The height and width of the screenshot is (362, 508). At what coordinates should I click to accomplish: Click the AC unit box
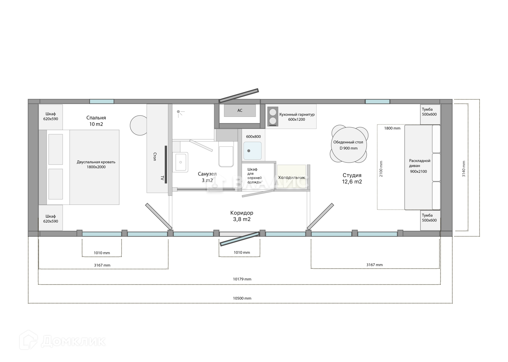(x=240, y=111)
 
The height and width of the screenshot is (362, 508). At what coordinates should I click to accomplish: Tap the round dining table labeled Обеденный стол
(x=349, y=145)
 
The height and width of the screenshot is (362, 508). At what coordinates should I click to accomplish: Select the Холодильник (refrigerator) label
(x=291, y=178)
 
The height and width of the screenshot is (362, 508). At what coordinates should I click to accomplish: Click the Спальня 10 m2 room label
(x=96, y=121)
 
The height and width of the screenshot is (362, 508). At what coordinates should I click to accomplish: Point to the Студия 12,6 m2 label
(x=352, y=178)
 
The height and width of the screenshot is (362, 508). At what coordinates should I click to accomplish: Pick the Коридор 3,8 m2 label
(x=242, y=216)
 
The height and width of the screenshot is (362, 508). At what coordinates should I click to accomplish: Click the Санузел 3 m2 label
(x=207, y=177)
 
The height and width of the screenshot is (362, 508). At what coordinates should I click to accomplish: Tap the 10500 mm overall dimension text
(x=242, y=298)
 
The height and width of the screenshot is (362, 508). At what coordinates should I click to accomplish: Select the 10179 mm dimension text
(x=242, y=279)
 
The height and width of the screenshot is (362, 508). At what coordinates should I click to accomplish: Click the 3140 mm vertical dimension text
(x=464, y=169)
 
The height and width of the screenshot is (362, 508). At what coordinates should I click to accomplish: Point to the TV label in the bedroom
(x=162, y=178)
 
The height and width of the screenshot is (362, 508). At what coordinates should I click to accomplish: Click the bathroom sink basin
(x=181, y=162)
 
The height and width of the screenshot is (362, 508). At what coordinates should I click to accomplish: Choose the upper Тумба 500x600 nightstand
(x=430, y=114)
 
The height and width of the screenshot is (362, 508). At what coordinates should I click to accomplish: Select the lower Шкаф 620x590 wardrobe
(x=50, y=218)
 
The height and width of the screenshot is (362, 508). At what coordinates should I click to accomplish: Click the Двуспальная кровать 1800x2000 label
(x=96, y=164)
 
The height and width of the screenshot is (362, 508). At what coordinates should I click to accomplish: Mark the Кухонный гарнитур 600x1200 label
(x=297, y=117)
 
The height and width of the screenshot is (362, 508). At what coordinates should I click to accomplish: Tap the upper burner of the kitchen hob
(x=273, y=112)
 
